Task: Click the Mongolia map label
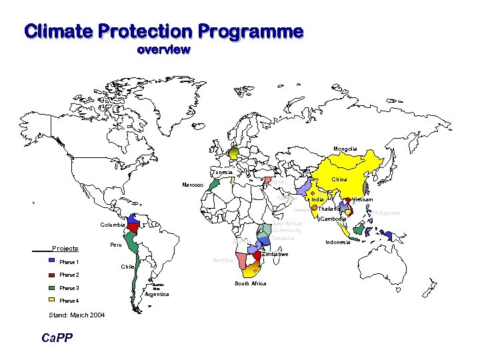pyautogui.click(x=345, y=149)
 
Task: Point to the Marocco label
pyautogui.click(x=193, y=185)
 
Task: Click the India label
pyautogui.click(x=318, y=199)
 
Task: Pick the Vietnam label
pyautogui.click(x=361, y=199)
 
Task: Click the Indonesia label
pyautogui.click(x=338, y=242)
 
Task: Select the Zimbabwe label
pyautogui.click(x=275, y=254)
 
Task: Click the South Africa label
pyautogui.click(x=250, y=283)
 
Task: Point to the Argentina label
pyautogui.click(x=157, y=294)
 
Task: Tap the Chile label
pyautogui.click(x=128, y=267)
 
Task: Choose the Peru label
pyautogui.click(x=116, y=245)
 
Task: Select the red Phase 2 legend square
pyautogui.click(x=52, y=275)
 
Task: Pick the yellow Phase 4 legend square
pyautogui.click(x=52, y=301)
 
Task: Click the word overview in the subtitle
pyautogui.click(x=163, y=50)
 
